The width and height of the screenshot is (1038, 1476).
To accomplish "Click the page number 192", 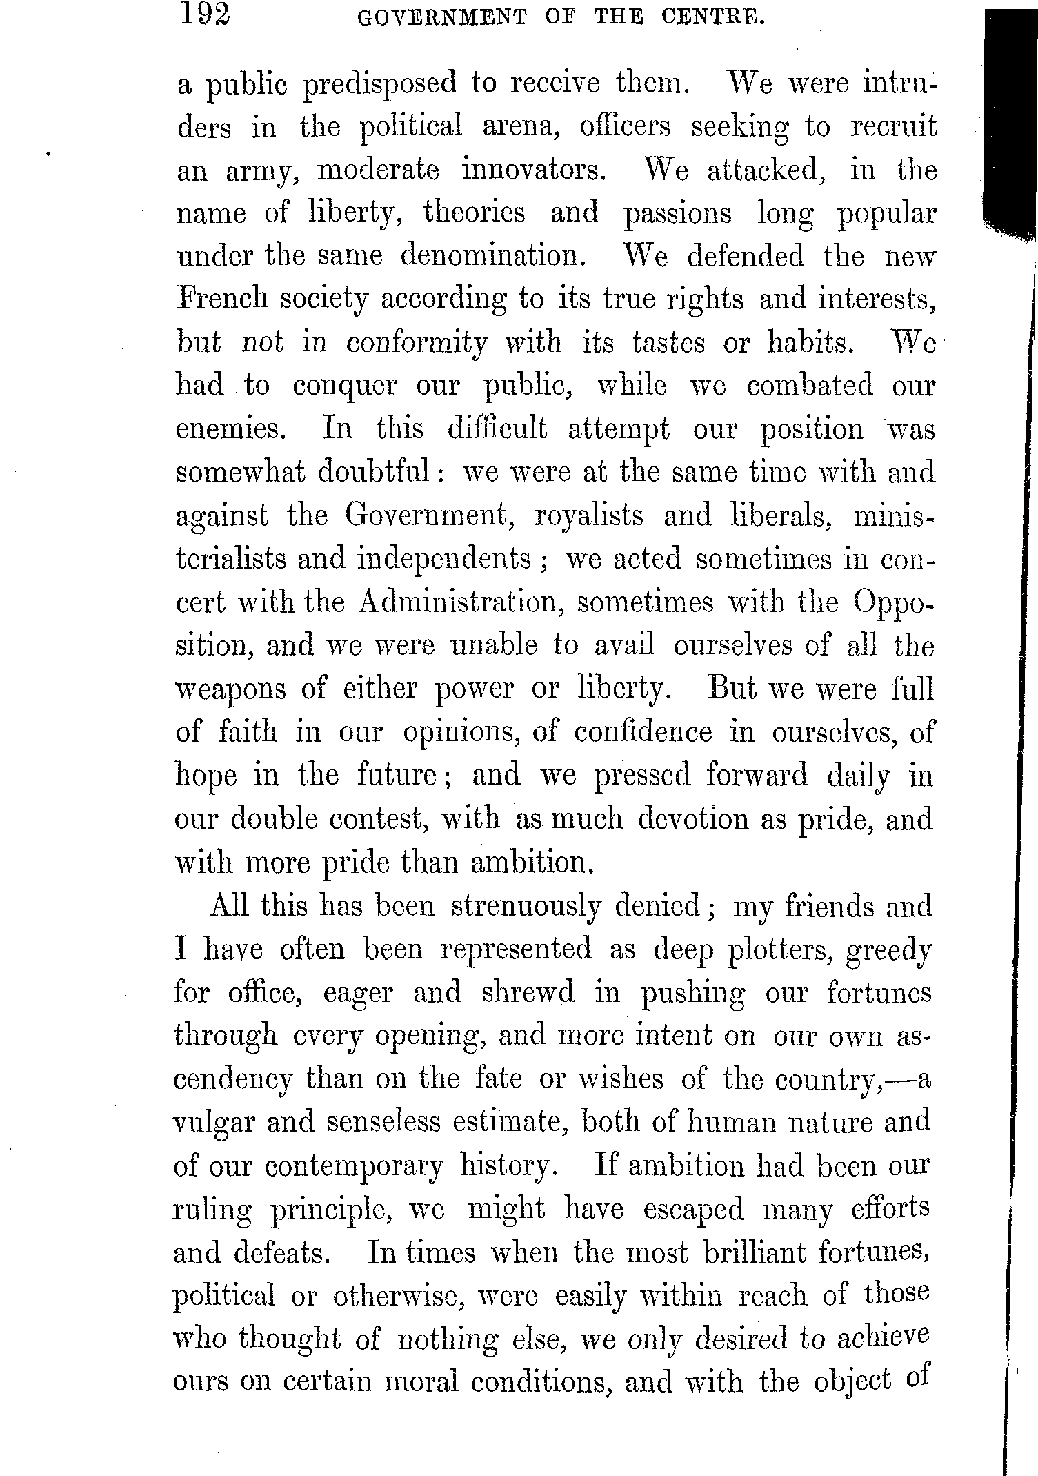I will click(204, 14).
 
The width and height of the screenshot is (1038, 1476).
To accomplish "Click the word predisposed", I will click(380, 85).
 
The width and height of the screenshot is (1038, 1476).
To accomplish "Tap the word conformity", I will click(415, 343).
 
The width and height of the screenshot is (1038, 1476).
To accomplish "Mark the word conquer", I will click(345, 386).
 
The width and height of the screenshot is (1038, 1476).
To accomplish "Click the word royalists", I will click(589, 515).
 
